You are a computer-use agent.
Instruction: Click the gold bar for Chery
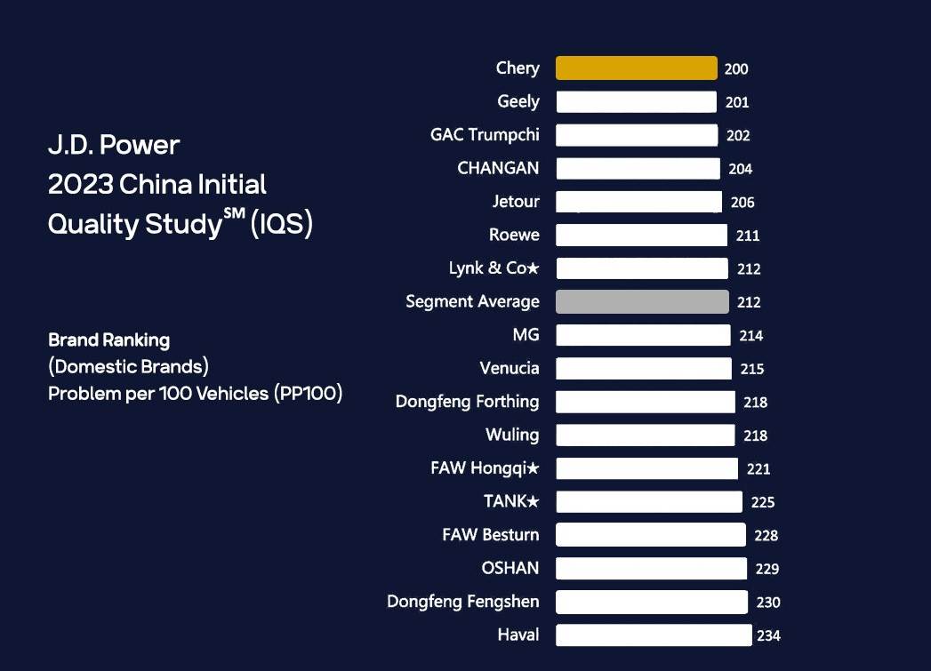(x=636, y=68)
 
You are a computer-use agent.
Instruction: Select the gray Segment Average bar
(x=642, y=302)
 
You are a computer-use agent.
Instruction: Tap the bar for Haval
(x=654, y=635)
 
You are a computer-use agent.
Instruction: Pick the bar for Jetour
(x=638, y=202)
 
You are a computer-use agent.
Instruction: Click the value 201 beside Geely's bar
(x=737, y=102)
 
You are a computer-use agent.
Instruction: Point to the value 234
(x=768, y=635)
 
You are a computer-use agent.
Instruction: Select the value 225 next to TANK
(x=763, y=502)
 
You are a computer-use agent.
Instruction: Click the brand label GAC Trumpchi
(x=485, y=135)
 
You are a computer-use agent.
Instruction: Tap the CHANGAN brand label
(x=498, y=168)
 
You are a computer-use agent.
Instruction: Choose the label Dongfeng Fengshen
(x=462, y=602)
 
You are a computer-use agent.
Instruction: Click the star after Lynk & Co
(x=534, y=268)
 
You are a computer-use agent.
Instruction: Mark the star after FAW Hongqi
(x=534, y=468)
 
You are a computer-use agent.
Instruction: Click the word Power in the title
(x=140, y=145)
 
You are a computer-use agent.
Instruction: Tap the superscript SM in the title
(x=233, y=213)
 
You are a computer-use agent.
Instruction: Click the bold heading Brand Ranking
(x=108, y=339)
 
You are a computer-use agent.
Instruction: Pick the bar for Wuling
(x=646, y=435)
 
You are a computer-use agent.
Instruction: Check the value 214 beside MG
(x=751, y=336)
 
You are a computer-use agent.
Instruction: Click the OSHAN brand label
(x=510, y=568)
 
